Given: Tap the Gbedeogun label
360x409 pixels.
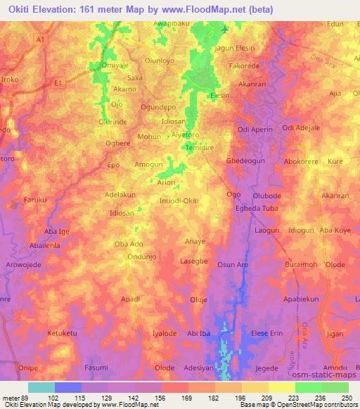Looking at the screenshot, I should point(245,160).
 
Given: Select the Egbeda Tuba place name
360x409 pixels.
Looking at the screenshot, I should point(257,209).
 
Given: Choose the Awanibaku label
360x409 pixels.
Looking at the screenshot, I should point(172,23).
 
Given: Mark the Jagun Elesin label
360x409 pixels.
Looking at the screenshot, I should point(234,48).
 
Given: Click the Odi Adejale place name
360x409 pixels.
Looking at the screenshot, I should point(301,128).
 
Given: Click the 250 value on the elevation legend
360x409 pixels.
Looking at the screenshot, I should point(346,397).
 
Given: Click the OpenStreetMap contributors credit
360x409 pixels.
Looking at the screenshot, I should point(319,405).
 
